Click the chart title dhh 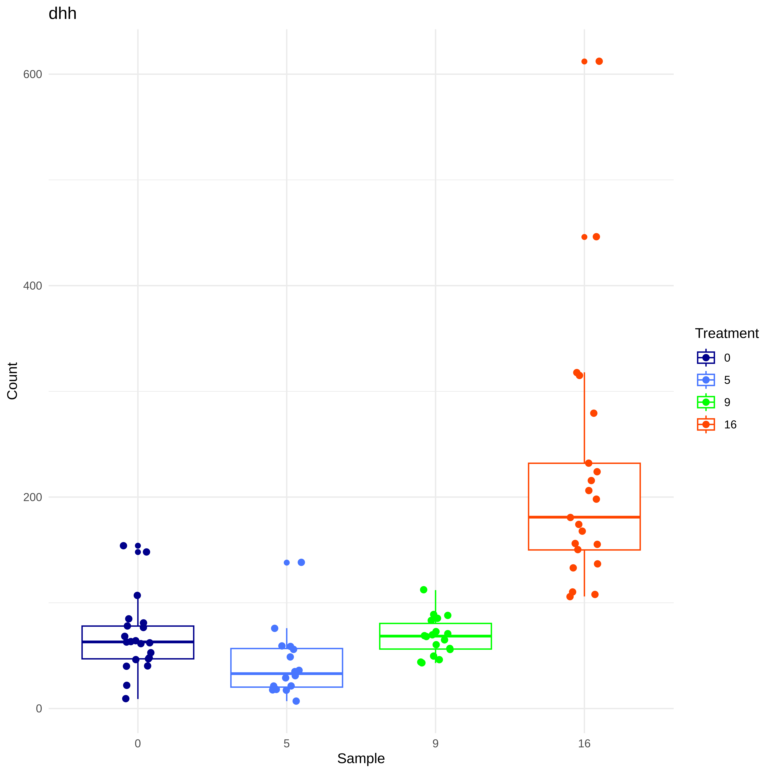[x=62, y=14]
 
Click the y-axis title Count [x=12, y=381]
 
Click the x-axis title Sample [x=361, y=758]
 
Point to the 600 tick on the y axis [x=32, y=74]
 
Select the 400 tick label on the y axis [x=32, y=286]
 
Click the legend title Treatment [x=727, y=333]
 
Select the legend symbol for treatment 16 [x=706, y=425]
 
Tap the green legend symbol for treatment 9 [x=706, y=402]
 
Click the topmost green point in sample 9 [x=424, y=590]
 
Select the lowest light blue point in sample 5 [x=296, y=701]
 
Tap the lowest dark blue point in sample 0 [x=126, y=699]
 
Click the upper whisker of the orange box [x=584, y=418]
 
